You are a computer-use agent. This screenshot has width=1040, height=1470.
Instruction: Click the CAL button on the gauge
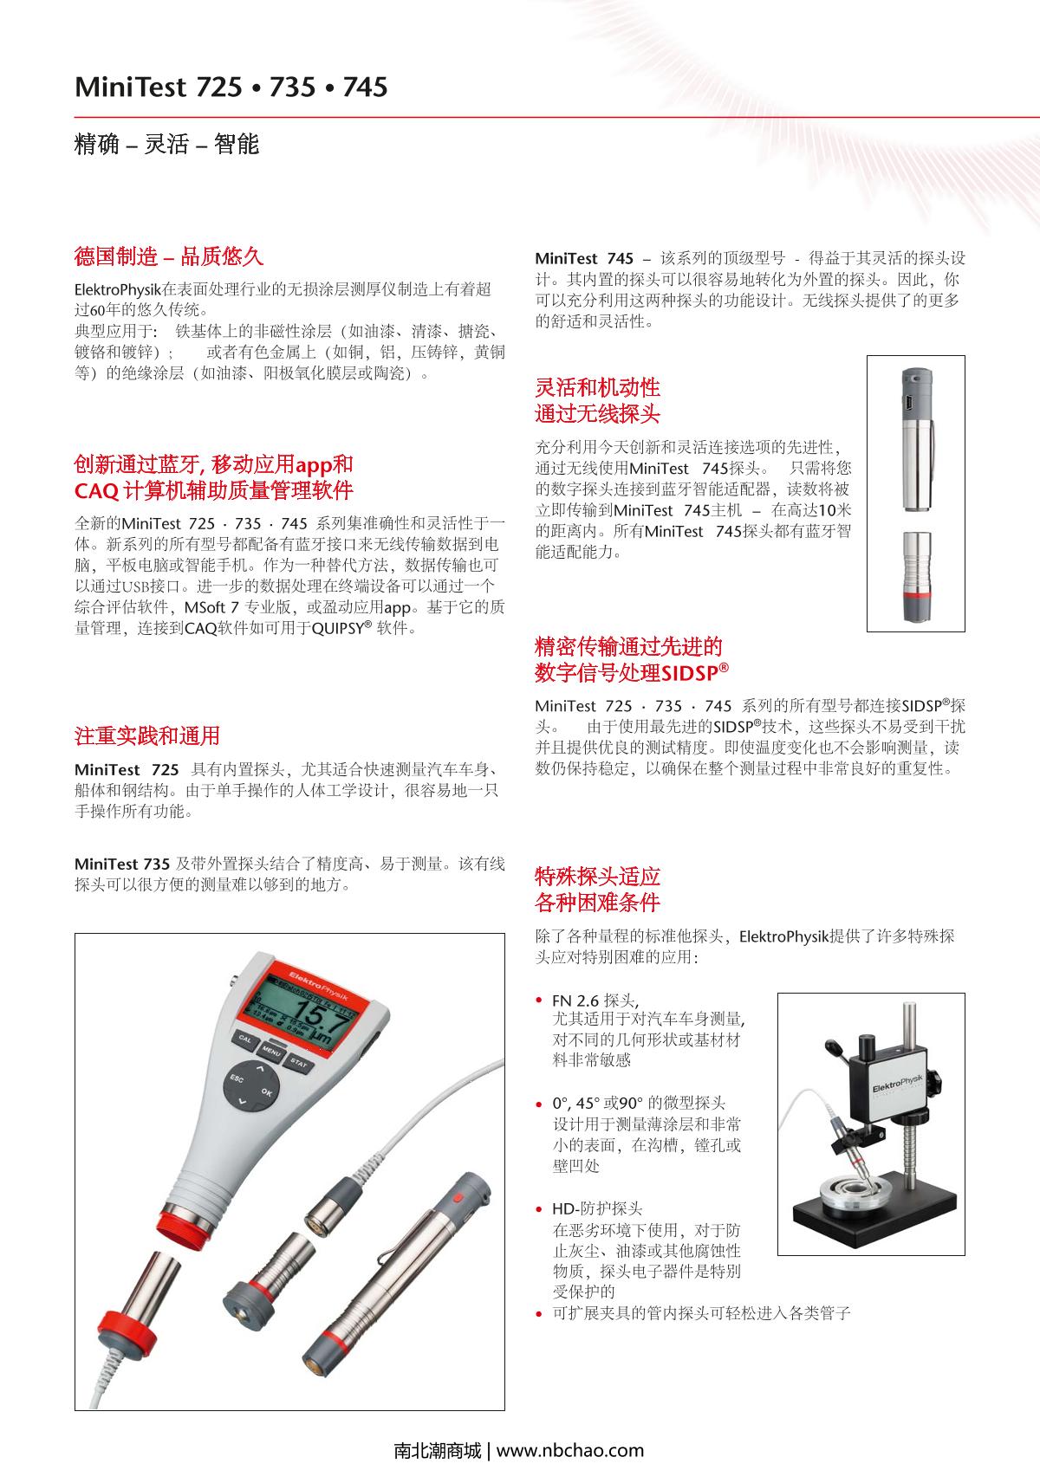point(245,1039)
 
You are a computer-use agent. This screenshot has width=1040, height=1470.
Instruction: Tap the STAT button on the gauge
point(298,1062)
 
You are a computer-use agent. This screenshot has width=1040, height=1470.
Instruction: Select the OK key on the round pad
point(266,1093)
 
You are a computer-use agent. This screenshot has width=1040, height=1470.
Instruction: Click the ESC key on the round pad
point(235,1078)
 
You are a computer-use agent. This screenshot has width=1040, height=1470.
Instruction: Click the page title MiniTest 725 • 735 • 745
point(231,87)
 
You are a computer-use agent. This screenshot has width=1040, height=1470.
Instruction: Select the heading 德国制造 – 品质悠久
point(168,256)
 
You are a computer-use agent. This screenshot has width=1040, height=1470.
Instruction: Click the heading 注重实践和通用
point(147,736)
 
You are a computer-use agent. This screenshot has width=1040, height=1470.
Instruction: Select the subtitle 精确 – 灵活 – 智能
point(167,144)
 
